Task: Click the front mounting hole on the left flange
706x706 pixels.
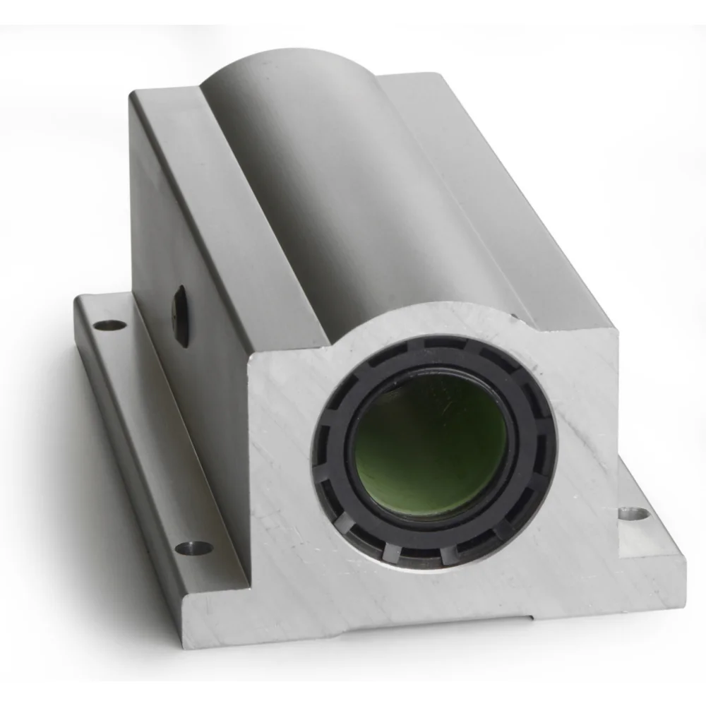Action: pyautogui.click(x=193, y=547)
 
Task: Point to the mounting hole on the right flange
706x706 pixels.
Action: pyautogui.click(x=633, y=513)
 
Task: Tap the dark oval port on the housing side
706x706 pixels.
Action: pyautogui.click(x=181, y=316)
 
